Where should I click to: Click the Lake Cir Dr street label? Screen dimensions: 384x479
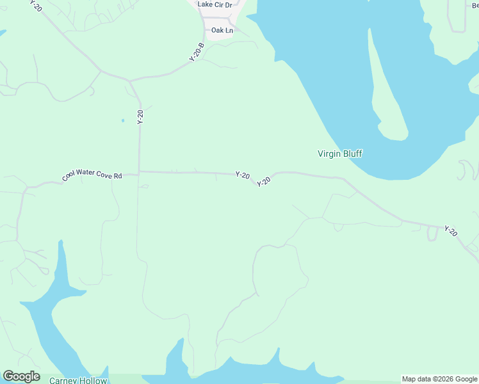pos(215,4)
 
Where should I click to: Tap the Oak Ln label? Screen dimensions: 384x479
pos(222,30)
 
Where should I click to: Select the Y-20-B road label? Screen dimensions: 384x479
pos(196,52)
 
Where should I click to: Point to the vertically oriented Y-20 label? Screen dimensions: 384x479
pos(140,117)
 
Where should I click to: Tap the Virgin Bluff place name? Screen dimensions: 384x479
pos(340,154)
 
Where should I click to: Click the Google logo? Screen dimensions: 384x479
pos(21,376)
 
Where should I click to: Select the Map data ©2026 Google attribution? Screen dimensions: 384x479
pos(440,379)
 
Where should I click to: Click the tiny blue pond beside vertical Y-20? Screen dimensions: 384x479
pos(122,120)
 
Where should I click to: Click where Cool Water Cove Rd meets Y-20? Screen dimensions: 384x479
pos(139,172)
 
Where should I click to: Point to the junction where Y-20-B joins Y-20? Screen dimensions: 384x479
pos(131,81)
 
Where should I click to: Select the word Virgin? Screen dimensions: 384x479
pos(329,154)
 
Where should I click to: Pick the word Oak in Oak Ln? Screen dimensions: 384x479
pos(218,30)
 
